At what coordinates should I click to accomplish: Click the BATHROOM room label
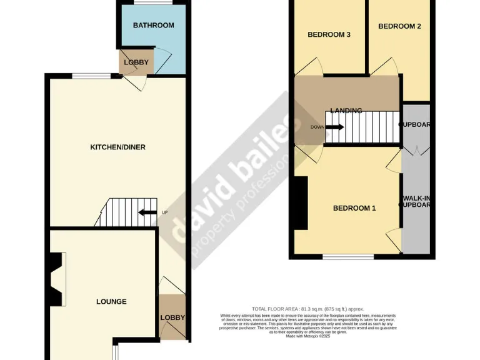pyautogui.click(x=153, y=25)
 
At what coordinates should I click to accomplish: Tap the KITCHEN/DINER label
pyautogui.click(x=118, y=147)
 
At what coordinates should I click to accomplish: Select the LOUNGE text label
pyautogui.click(x=111, y=302)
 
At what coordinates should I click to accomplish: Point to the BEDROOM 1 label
pyautogui.click(x=354, y=208)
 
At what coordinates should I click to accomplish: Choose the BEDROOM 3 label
pyautogui.click(x=328, y=35)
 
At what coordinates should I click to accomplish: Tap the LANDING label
pyautogui.click(x=346, y=111)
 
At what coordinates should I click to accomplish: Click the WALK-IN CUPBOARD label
pyautogui.click(x=417, y=201)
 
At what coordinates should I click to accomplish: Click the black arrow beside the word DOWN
pyautogui.click(x=334, y=127)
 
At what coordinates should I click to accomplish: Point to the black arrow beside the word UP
pyautogui.click(x=147, y=212)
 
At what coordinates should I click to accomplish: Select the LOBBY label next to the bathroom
pyautogui.click(x=136, y=62)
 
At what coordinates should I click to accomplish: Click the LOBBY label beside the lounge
pyautogui.click(x=172, y=317)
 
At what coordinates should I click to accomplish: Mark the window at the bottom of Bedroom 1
pyautogui.click(x=348, y=256)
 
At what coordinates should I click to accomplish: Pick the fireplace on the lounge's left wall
pyautogui.click(x=56, y=279)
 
